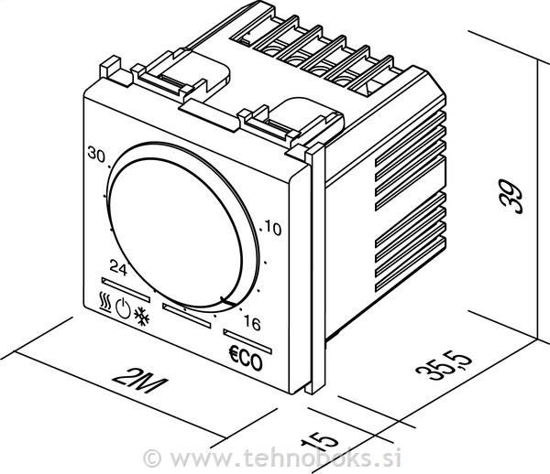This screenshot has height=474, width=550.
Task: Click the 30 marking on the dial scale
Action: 96,155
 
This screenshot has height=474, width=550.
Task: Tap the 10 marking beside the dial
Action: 273,229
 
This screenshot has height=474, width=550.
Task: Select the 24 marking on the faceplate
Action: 118,268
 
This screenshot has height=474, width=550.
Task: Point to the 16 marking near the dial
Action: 252,323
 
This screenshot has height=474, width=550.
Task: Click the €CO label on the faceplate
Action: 246,359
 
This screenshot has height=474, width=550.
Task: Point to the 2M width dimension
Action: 139,381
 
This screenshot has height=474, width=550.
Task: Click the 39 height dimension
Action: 511,196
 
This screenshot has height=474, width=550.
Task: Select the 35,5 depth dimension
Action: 444,366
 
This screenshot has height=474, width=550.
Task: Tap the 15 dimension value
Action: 320,441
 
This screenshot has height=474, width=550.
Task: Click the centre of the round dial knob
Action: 176,232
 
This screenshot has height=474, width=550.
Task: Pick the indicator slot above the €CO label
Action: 247,341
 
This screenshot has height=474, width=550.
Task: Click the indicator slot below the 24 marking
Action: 126,289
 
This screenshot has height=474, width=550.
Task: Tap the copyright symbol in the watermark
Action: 152,458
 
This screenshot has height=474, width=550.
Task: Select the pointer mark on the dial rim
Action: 227,301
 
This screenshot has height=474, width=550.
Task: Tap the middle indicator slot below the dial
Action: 187,316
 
